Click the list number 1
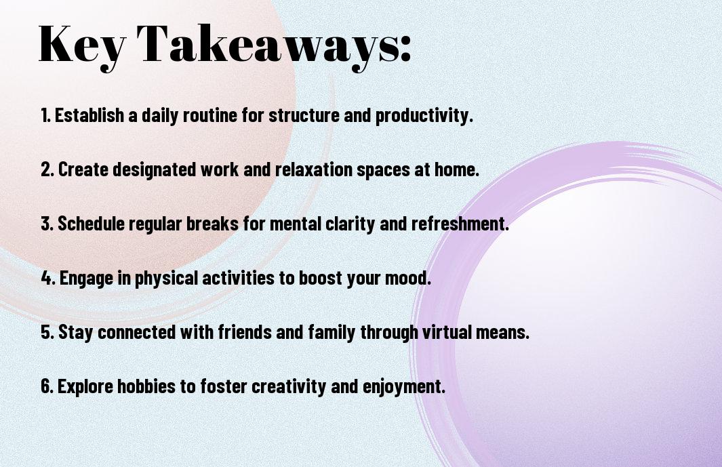pos(45,115)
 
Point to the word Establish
pos(89,115)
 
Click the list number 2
pos(47,169)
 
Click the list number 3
pos(47,224)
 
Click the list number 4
pos(48,278)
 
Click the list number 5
pos(47,332)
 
